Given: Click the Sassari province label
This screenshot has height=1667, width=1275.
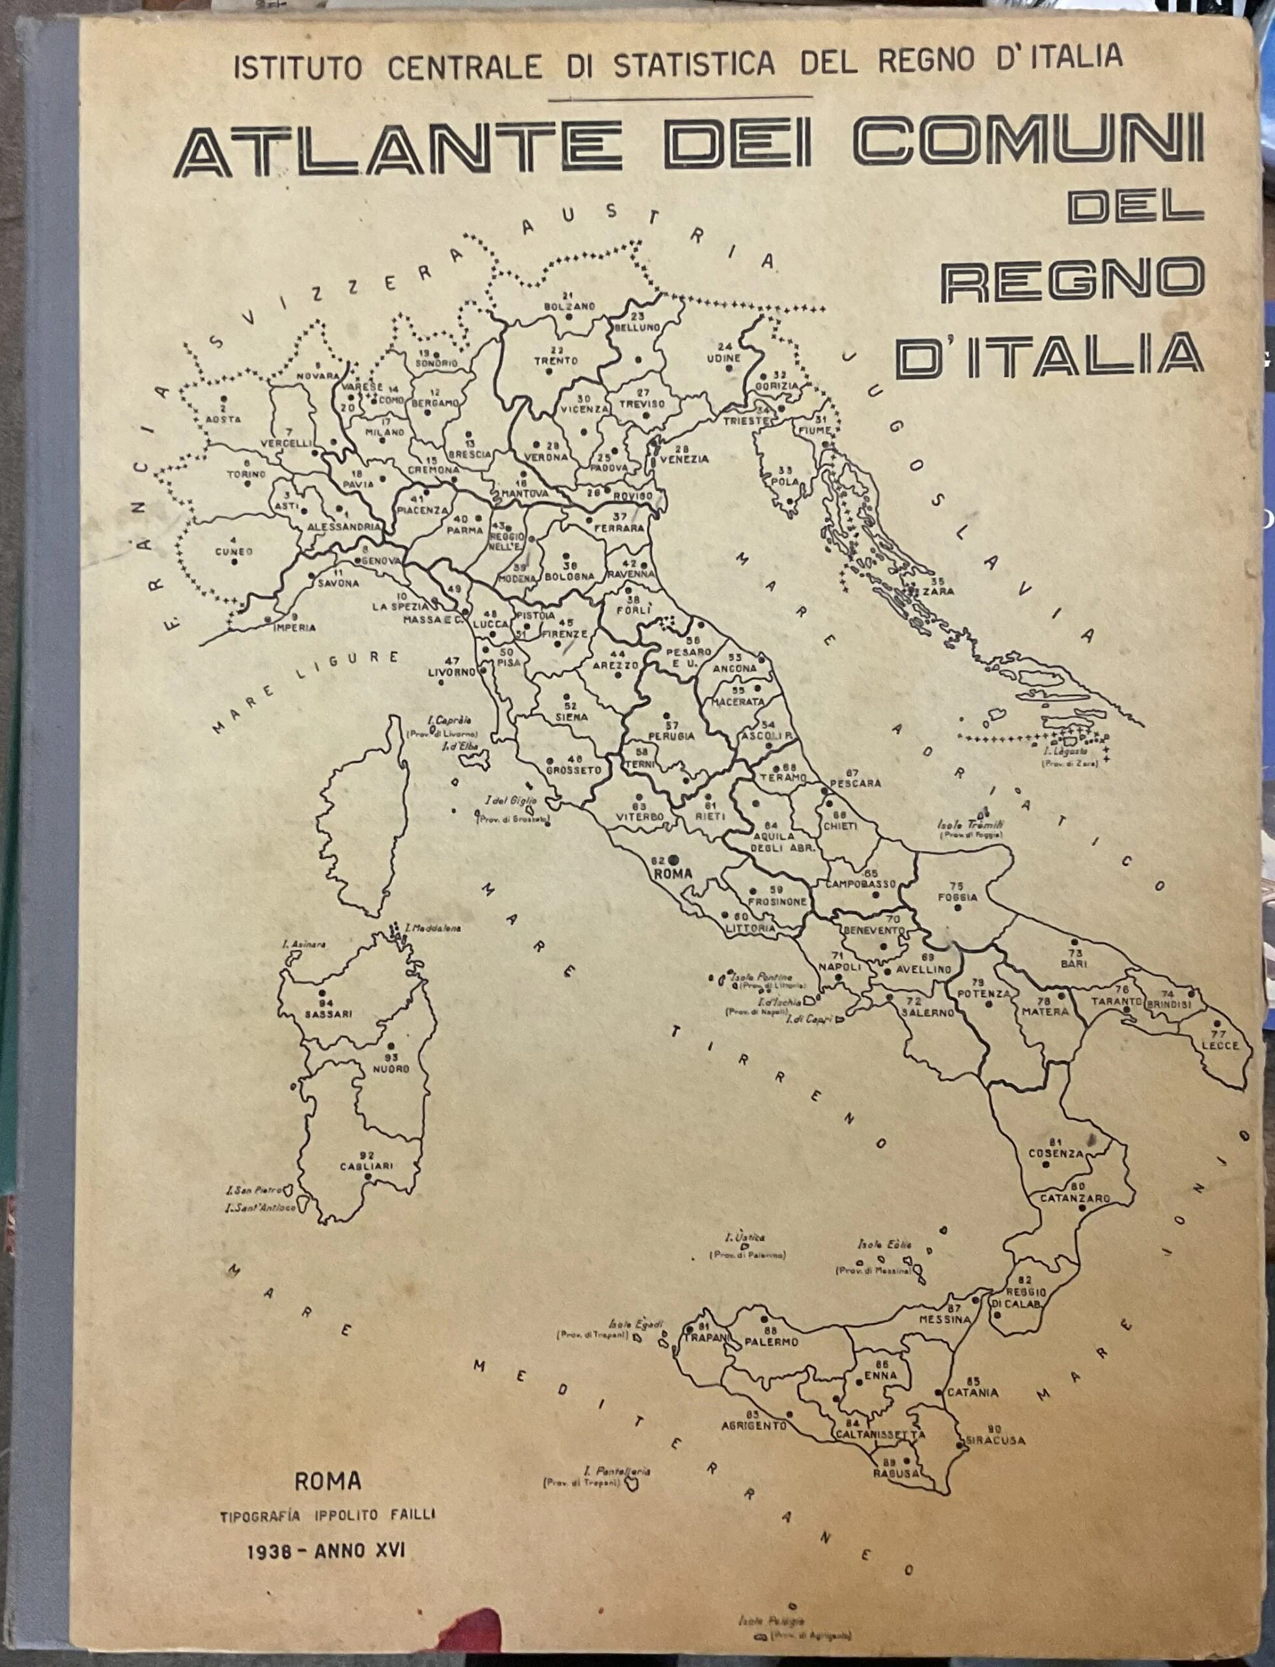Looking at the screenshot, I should pos(328,1014).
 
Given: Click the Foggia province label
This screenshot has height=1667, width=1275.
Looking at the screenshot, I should pos(957,897).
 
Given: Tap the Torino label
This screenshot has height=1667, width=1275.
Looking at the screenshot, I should pos(246,474).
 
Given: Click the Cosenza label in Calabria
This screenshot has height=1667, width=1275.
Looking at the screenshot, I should pos(1056,1154).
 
